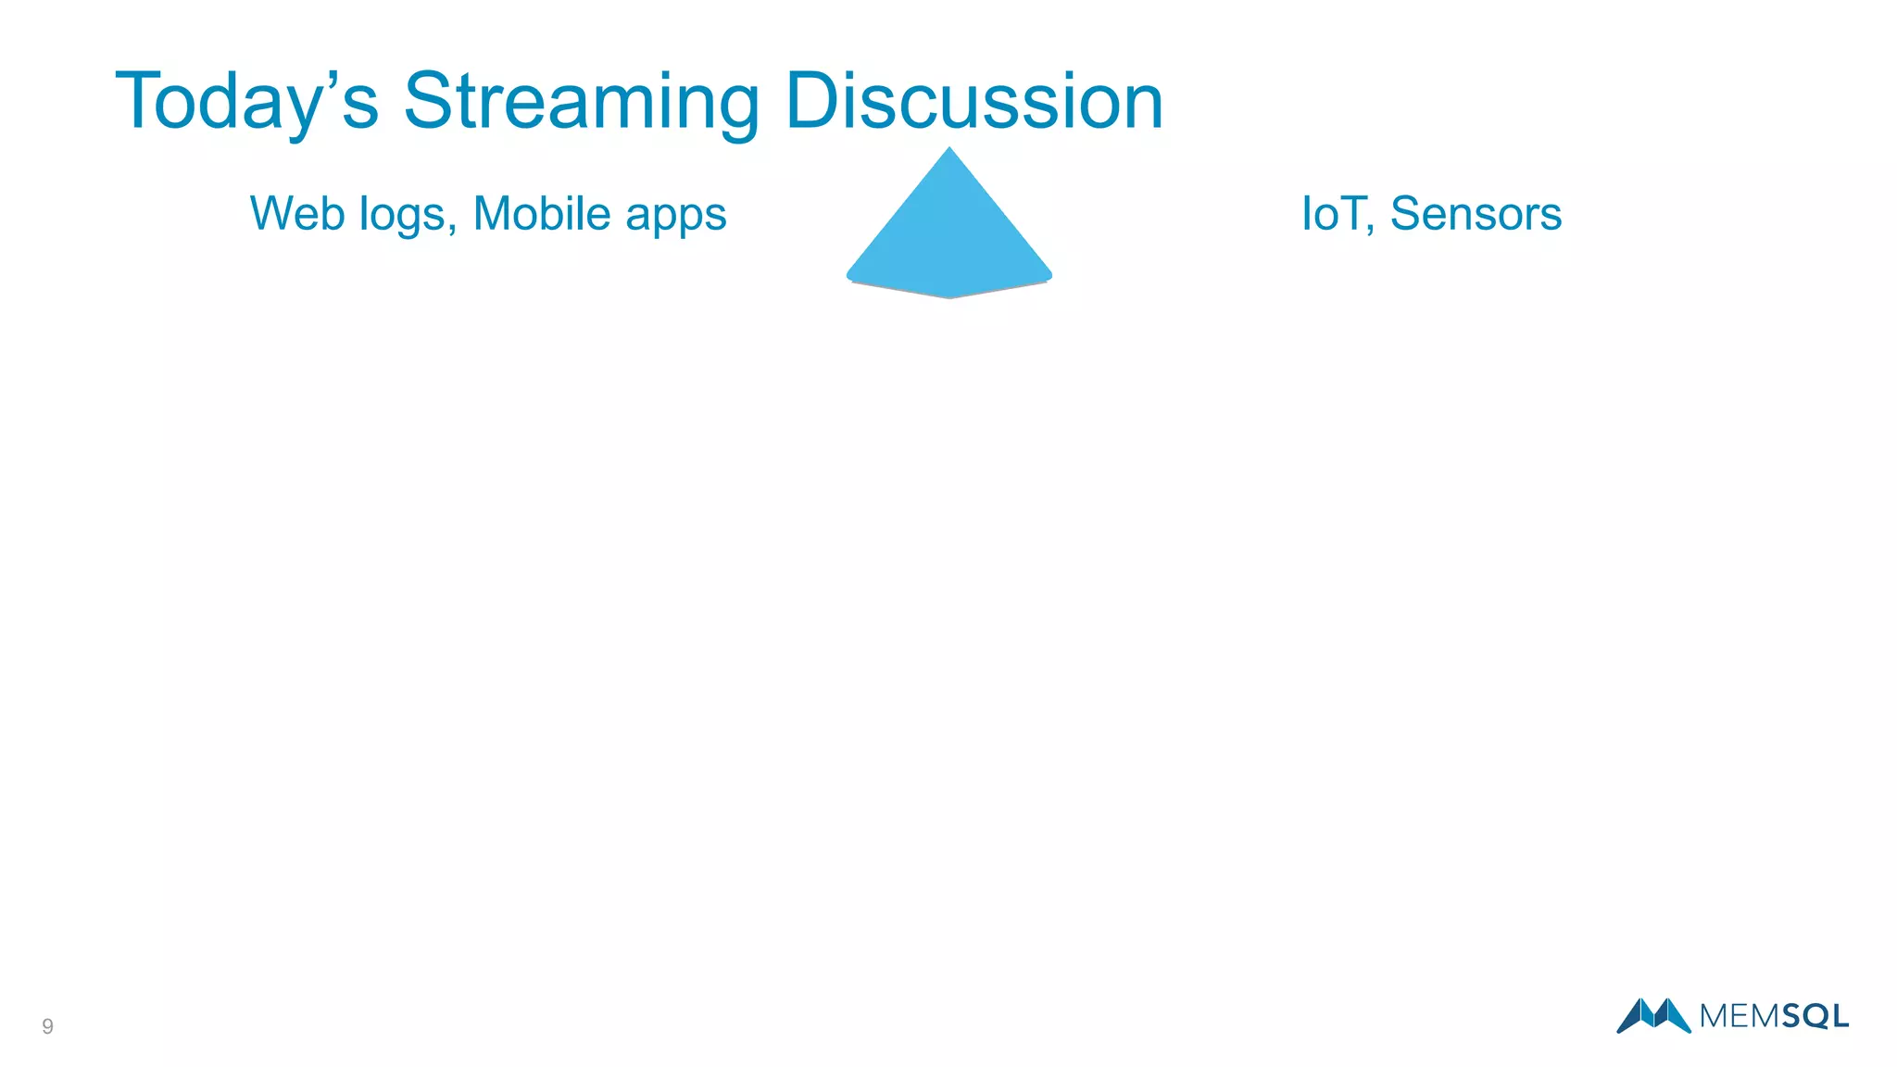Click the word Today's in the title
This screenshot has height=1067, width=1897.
(246, 102)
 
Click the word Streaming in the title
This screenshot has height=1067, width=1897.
(581, 102)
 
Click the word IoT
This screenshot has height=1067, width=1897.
(1331, 214)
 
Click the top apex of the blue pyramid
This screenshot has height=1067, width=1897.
(949, 149)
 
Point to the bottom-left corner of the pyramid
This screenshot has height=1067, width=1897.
(849, 275)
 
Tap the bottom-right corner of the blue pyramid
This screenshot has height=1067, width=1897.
(1049, 275)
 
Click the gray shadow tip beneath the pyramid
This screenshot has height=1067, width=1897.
(949, 296)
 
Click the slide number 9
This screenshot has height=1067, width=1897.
(47, 1026)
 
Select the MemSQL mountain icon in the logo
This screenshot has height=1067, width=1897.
(1653, 1015)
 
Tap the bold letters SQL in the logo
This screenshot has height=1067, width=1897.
(1815, 1017)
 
